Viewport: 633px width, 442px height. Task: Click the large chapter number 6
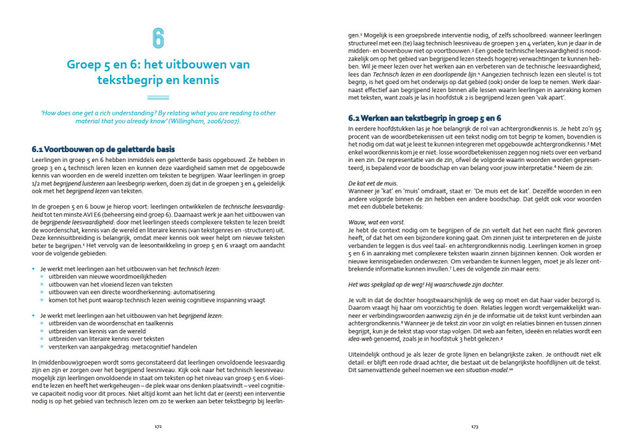158,38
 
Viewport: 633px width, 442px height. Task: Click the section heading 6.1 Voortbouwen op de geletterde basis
103,149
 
